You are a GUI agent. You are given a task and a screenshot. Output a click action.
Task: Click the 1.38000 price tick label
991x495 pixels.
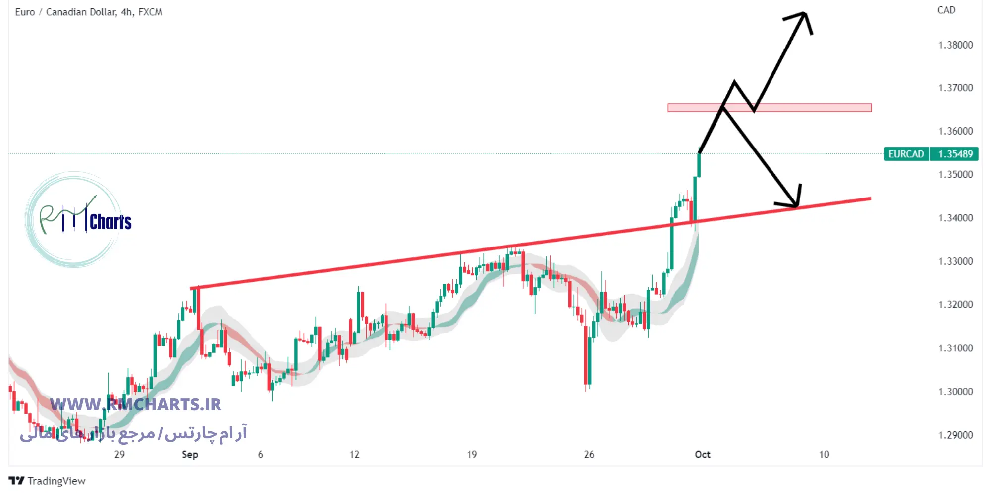(955, 45)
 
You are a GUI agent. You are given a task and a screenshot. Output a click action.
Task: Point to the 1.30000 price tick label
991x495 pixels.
(955, 392)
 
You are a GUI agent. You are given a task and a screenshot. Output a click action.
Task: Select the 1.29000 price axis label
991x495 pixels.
(955, 435)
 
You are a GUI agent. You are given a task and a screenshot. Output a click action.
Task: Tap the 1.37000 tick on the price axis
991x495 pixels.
(955, 88)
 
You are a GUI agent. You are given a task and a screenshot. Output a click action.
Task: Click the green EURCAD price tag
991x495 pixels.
(906, 154)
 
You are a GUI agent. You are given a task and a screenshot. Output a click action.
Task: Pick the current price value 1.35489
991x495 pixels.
(955, 154)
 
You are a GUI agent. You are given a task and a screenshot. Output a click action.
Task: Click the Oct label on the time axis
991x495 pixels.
(702, 454)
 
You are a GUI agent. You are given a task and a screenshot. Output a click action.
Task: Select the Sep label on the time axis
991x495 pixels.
(190, 454)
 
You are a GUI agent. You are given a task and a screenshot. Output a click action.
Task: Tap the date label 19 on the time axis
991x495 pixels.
(472, 454)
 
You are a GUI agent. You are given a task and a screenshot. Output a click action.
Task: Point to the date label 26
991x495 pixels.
(589, 454)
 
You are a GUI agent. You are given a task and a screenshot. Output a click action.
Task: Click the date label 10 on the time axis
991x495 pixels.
(824, 454)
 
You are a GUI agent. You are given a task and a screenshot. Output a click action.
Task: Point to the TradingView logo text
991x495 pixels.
(56, 481)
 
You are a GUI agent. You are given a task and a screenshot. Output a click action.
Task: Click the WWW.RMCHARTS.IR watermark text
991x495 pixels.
(135, 404)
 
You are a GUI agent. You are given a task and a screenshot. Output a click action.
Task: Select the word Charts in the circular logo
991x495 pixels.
(110, 222)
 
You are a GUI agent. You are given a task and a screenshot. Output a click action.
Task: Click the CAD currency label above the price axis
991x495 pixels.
(946, 10)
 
